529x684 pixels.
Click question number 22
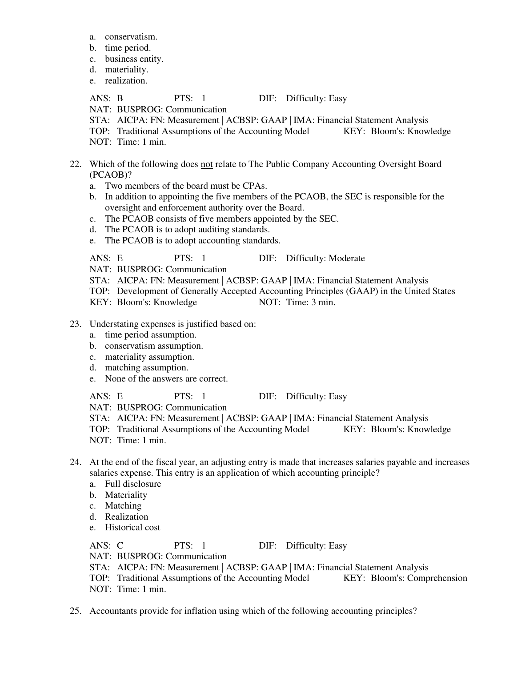(x=75, y=164)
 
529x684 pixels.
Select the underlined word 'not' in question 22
(x=207, y=164)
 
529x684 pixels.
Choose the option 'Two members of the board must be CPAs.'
(x=186, y=186)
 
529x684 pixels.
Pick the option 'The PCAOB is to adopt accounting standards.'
(x=192, y=241)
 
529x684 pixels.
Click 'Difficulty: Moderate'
(x=325, y=258)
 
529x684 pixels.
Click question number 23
(x=75, y=324)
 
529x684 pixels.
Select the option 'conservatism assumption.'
(x=154, y=346)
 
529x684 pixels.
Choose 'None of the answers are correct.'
(x=166, y=379)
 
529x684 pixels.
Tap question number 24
(x=75, y=462)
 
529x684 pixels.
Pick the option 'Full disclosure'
(x=133, y=484)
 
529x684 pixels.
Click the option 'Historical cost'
(x=132, y=528)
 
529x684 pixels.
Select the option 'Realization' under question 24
(x=127, y=517)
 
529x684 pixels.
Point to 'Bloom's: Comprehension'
(x=419, y=578)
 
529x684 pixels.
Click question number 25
(x=75, y=611)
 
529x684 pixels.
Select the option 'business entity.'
(x=134, y=59)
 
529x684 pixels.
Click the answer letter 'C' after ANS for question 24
(x=120, y=546)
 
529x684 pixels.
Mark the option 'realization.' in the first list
(x=126, y=81)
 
